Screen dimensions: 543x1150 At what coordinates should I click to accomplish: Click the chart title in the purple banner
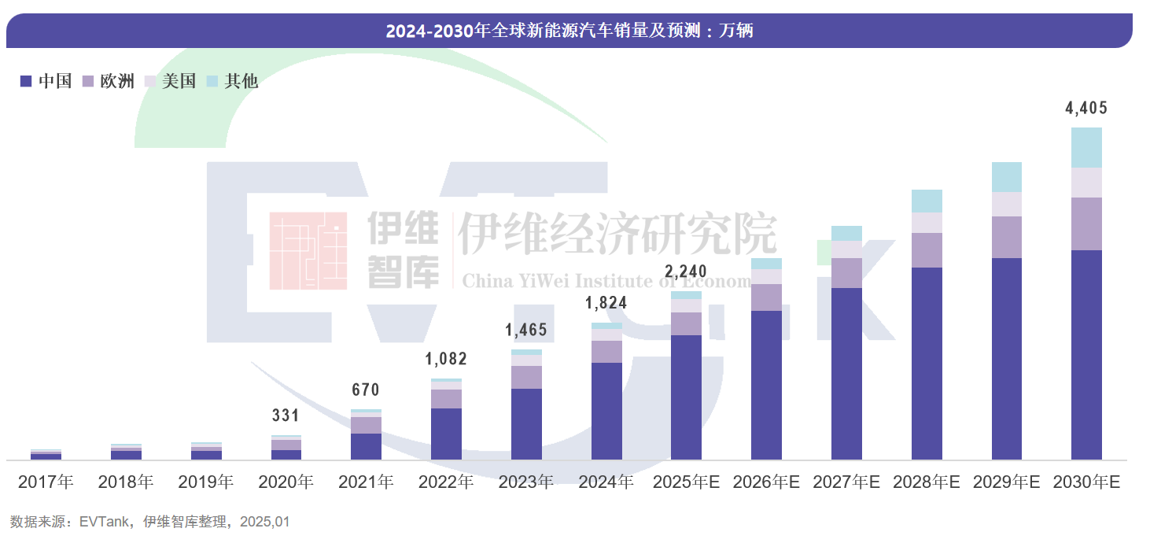tap(569, 31)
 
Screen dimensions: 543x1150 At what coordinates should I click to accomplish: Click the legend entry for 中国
tap(46, 81)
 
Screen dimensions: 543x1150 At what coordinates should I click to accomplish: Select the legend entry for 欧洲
tap(109, 81)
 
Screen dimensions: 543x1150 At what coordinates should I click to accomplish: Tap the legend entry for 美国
tap(171, 81)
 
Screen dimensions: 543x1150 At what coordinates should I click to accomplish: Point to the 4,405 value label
tap(1086, 109)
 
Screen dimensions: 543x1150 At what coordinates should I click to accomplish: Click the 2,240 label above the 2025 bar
tap(686, 273)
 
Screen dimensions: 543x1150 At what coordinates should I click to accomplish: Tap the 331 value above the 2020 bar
tap(286, 416)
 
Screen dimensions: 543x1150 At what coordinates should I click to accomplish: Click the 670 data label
tap(366, 390)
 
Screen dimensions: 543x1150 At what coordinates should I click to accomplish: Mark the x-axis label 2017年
tap(46, 482)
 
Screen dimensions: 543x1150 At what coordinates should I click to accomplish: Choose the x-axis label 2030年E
tap(1086, 482)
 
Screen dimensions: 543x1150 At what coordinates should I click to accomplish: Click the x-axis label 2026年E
tap(766, 482)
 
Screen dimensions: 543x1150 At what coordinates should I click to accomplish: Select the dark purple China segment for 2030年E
tap(1086, 354)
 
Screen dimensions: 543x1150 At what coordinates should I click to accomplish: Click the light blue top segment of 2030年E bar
tap(1086, 147)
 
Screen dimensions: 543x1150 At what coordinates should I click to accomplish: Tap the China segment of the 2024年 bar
tap(606, 411)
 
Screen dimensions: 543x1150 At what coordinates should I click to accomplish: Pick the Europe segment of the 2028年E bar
tap(927, 250)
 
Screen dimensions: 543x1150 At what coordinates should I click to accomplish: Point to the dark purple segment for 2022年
tap(446, 434)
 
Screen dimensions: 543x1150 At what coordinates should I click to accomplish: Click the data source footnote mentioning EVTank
tap(150, 522)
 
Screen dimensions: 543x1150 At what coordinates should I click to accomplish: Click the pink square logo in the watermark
tap(308, 250)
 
